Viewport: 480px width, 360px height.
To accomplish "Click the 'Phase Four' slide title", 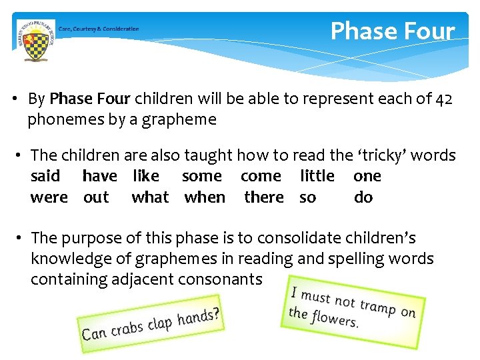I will point(392,31).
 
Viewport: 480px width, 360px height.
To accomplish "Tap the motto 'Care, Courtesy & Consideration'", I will point(99,29).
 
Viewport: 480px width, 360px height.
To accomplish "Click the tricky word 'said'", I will point(45,176).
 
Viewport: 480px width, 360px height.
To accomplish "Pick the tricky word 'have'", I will point(99,176).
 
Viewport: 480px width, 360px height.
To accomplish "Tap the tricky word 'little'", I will point(317,176).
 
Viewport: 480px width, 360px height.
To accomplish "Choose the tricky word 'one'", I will point(367,176).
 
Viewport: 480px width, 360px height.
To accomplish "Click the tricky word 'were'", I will point(49,197).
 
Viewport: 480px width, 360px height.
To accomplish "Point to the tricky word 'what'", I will point(150,197).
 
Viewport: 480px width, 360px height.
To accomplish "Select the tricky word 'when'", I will point(205,197).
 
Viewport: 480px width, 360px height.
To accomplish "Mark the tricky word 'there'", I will point(264,197).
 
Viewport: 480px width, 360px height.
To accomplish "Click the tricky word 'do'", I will point(363,197).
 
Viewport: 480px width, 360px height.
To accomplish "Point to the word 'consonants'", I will point(220,279).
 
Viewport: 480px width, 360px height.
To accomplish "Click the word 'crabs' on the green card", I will point(127,327).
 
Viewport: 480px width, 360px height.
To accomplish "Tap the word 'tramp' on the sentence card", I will point(378,306).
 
